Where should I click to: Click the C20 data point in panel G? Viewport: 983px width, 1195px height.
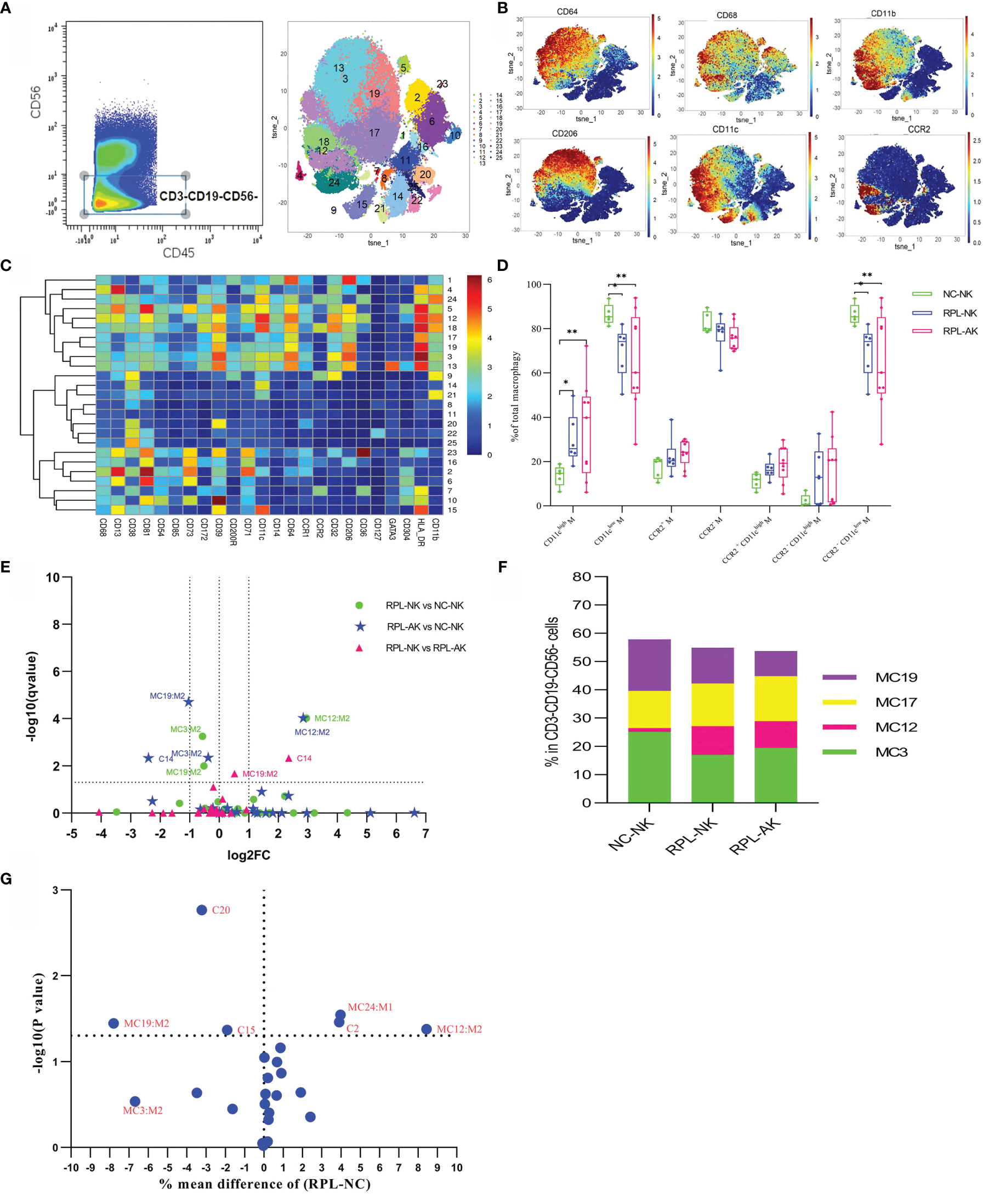pos(202,910)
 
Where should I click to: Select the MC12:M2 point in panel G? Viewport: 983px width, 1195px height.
pos(427,1029)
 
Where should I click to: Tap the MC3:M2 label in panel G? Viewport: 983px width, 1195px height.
pos(143,1111)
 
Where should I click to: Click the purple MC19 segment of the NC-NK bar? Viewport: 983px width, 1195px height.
pos(649,665)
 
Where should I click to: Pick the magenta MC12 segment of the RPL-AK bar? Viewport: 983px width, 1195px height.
pos(776,734)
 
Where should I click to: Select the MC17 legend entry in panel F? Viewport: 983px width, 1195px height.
pos(896,703)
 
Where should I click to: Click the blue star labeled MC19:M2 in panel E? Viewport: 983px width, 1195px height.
pos(189,703)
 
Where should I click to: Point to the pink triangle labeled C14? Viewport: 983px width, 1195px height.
pos(289,758)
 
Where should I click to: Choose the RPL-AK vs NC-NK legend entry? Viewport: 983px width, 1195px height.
pos(425,626)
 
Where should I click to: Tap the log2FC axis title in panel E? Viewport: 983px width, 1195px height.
pos(248,855)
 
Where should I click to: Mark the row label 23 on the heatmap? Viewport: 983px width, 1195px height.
pos(452,452)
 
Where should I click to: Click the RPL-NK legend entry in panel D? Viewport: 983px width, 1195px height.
pos(959,313)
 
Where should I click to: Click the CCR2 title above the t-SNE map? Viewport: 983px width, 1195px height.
pos(918,129)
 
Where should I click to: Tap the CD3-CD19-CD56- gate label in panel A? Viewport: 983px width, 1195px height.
pos(208,196)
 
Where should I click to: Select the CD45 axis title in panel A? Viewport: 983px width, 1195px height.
pos(178,253)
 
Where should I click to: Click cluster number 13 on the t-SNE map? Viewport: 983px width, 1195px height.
pos(339,68)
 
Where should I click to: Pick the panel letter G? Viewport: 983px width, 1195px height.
pos(6,879)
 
